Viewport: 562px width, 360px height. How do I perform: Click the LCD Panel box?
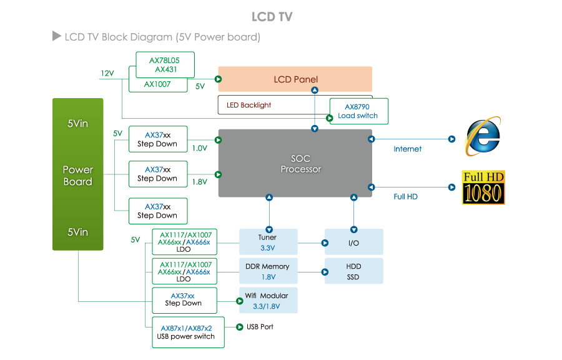(295, 79)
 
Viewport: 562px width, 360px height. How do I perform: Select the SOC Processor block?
(295, 164)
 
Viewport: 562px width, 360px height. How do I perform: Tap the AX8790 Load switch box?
(358, 111)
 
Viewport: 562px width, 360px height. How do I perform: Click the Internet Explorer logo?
(482, 137)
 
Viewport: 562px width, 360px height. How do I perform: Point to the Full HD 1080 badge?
(483, 187)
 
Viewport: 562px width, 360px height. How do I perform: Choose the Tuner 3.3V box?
(267, 242)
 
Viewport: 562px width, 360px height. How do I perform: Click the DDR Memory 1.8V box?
(267, 271)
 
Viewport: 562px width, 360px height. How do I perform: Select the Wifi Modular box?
(267, 300)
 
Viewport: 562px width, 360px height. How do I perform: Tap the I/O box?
(353, 242)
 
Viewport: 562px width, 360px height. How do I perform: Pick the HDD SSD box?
(353, 271)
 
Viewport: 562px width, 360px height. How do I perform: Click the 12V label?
(107, 73)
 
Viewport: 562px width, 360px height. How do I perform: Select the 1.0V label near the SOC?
(199, 149)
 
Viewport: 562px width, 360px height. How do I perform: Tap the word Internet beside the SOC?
(407, 149)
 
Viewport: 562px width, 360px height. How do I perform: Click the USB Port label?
(260, 327)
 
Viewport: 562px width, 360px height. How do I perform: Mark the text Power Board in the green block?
(78, 176)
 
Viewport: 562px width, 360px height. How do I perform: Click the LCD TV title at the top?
(272, 17)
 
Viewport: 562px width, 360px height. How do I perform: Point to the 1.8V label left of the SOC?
(199, 182)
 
